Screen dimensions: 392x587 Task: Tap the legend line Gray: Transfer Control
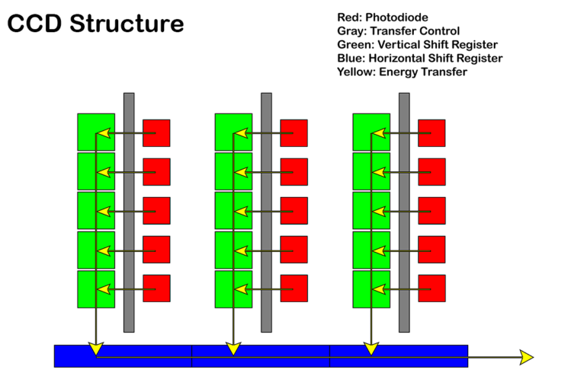(398, 30)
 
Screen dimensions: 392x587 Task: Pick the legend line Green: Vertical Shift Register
(417, 44)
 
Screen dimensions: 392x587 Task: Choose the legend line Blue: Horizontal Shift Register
(419, 58)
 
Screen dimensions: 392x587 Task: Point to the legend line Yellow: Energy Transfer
(402, 72)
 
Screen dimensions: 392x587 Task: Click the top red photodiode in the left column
(157, 132)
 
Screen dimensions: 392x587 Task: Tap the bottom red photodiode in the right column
(431, 288)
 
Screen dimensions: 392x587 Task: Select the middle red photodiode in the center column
(294, 211)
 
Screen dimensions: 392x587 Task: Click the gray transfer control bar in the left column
(129, 212)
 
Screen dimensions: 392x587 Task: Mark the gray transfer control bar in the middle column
(266, 212)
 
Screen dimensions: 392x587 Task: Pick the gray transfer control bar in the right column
(404, 212)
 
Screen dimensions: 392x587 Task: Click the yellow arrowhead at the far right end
(526, 357)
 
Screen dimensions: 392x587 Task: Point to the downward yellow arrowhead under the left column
(95, 349)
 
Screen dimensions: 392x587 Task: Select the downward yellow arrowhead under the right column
(371, 349)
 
